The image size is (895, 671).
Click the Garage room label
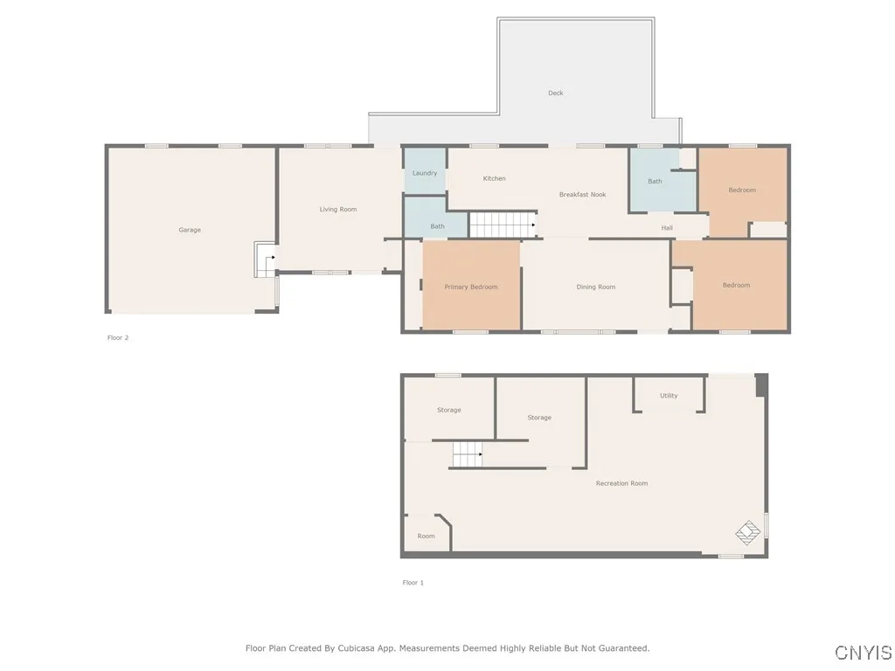coord(190,230)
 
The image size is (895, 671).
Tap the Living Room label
coord(337,210)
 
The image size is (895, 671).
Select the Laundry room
coord(425,173)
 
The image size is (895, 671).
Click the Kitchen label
coord(494,178)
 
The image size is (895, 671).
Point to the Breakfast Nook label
coord(582,195)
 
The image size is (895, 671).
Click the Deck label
coord(556,93)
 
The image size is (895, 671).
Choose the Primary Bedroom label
coord(471,287)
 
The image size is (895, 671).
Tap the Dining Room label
coord(596,287)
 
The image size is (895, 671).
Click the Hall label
coord(667,228)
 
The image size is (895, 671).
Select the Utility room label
coord(669,396)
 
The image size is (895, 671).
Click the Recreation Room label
coord(621,483)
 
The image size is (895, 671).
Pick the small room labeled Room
coord(426,536)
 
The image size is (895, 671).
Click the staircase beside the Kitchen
coord(502,225)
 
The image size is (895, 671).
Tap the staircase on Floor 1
coord(467,454)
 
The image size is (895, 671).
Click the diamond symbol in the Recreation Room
coord(747,530)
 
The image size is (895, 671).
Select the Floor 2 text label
coord(118,337)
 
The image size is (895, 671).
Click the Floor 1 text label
coord(413,583)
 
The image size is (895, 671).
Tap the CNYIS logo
coord(864,653)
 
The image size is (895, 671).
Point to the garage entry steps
coord(264,259)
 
